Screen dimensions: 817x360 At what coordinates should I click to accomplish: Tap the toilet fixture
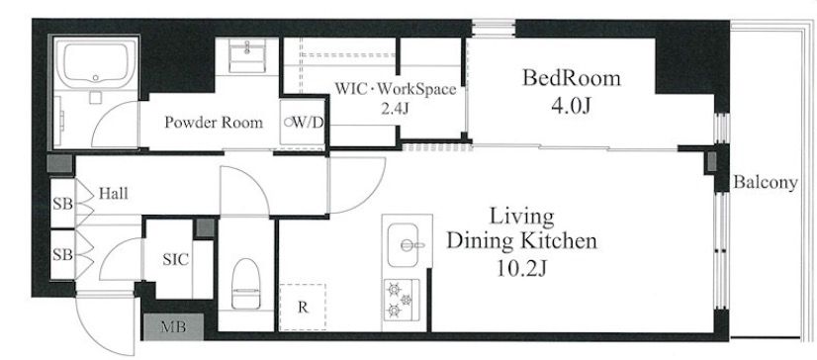pyautogui.click(x=244, y=284)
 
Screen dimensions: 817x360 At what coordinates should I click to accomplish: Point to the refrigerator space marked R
pyautogui.click(x=303, y=307)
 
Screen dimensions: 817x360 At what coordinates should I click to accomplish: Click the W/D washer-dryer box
pyautogui.click(x=303, y=123)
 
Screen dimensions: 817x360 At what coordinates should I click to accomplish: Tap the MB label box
pyautogui.click(x=173, y=327)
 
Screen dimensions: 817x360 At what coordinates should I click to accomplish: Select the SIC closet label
pyautogui.click(x=176, y=259)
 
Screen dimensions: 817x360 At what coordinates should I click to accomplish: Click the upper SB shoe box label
pyautogui.click(x=63, y=204)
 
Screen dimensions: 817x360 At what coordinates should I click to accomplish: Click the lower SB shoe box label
pyautogui.click(x=63, y=255)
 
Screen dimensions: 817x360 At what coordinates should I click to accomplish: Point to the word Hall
pyautogui.click(x=113, y=194)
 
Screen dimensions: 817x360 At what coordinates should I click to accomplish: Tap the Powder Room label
pyautogui.click(x=214, y=123)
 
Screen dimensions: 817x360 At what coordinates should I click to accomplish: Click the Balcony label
pyautogui.click(x=766, y=183)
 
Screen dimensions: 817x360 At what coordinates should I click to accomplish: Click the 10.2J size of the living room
pyautogui.click(x=521, y=269)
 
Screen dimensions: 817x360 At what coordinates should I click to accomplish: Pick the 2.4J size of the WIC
pyautogui.click(x=396, y=110)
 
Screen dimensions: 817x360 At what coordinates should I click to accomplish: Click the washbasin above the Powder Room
pyautogui.click(x=246, y=55)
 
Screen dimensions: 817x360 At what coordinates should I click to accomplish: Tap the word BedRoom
pyautogui.click(x=572, y=78)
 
